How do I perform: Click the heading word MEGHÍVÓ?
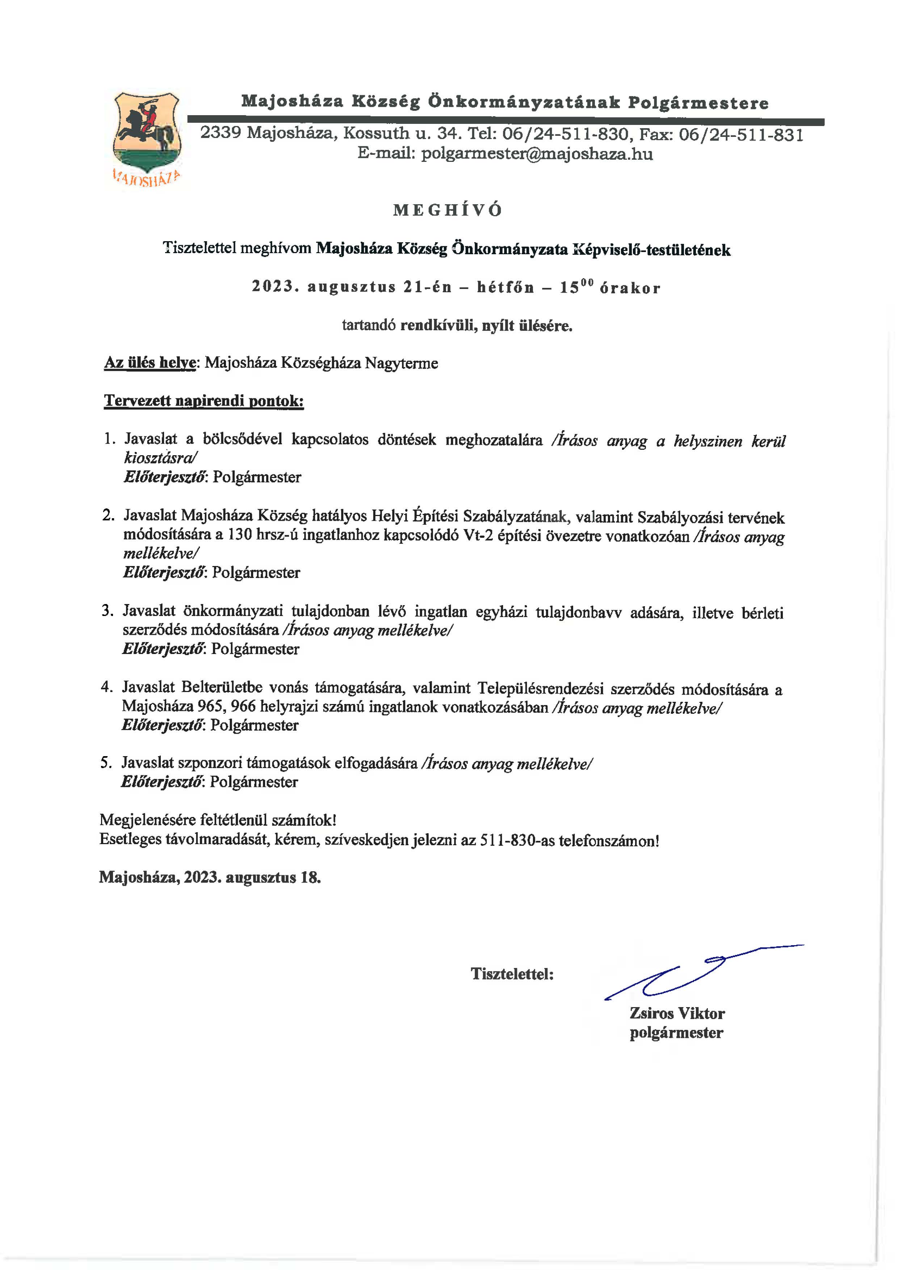(x=448, y=210)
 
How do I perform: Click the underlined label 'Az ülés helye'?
(x=150, y=364)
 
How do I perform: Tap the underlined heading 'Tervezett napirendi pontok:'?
(x=203, y=401)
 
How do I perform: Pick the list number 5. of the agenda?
(x=107, y=763)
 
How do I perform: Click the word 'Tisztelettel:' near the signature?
(x=512, y=974)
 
